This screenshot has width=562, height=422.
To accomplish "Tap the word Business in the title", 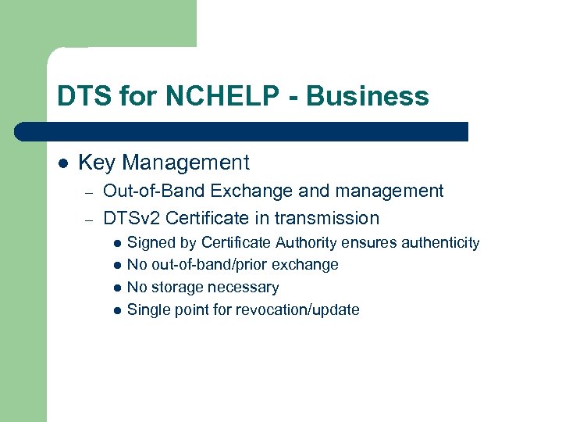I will tap(368, 96).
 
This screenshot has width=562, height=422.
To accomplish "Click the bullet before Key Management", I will tap(63, 163).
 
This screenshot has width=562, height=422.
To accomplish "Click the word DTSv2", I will tap(132, 218).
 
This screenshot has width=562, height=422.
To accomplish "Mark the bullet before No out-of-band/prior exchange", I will tap(116, 266).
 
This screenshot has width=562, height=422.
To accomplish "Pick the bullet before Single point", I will tap(116, 311).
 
